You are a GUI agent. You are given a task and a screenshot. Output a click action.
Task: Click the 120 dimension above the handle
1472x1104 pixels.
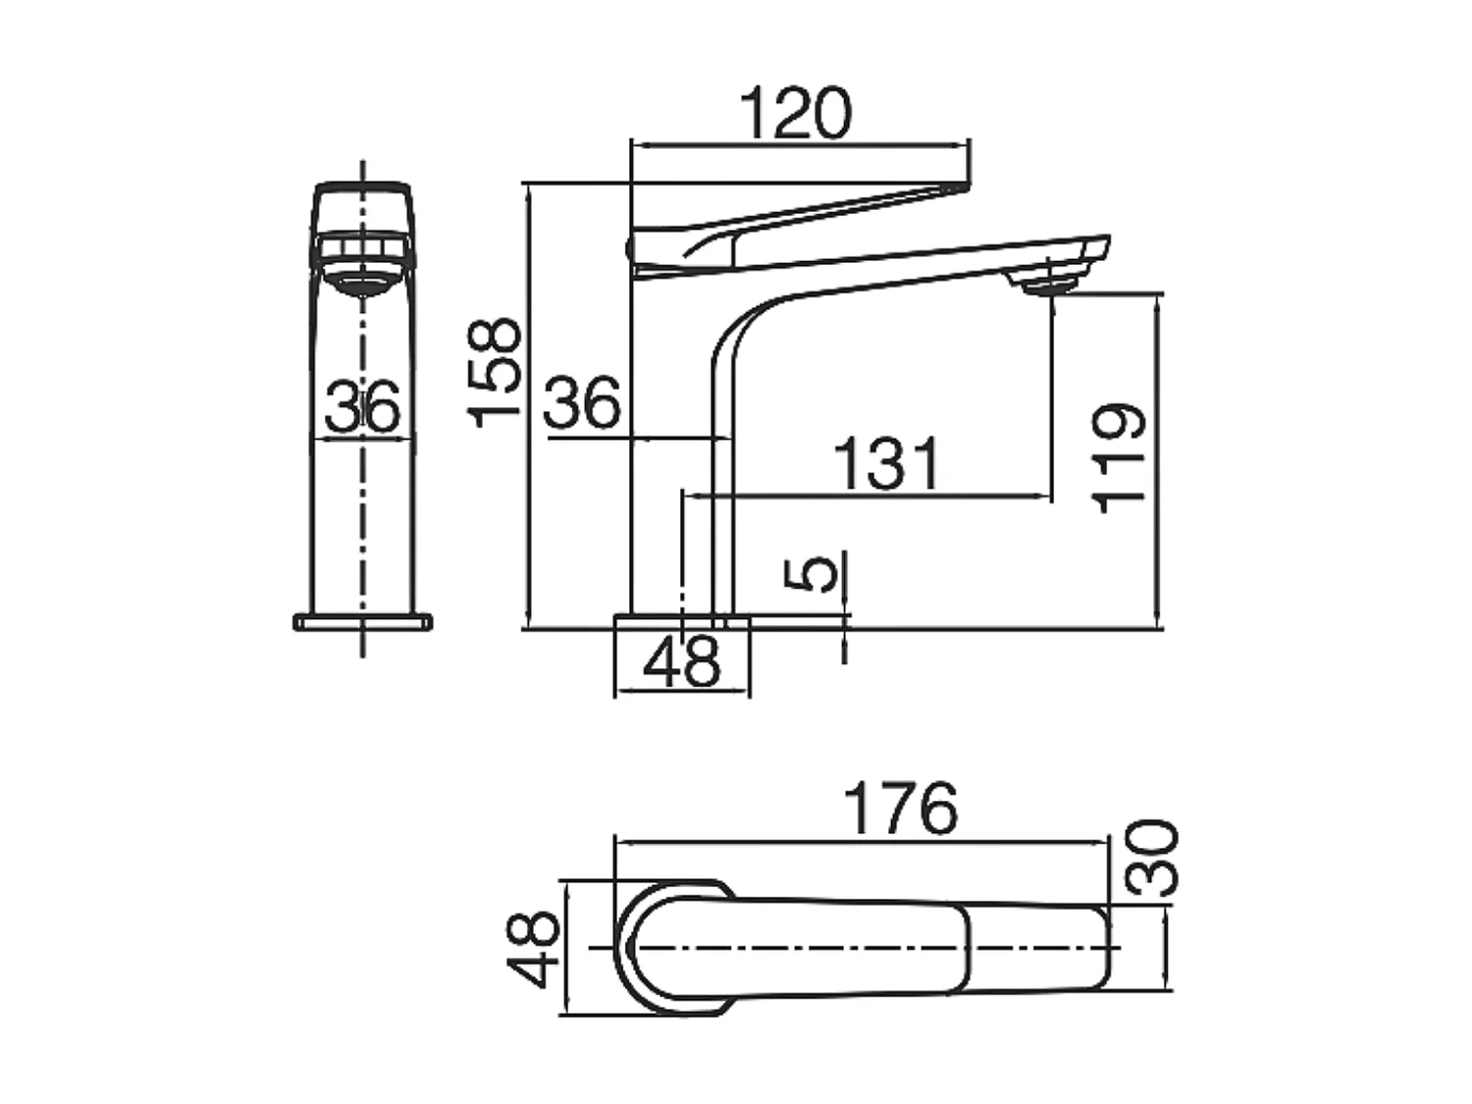(796, 114)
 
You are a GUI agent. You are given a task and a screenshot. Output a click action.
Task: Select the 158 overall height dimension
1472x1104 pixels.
(494, 372)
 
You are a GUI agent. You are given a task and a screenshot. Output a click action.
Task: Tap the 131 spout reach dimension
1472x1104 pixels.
(887, 463)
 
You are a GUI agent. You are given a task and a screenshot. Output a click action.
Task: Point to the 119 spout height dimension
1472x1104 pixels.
(1120, 457)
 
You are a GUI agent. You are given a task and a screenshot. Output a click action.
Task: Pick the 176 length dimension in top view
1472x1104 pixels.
(900, 809)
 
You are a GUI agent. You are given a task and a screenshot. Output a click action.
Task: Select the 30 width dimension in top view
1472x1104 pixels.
(1151, 858)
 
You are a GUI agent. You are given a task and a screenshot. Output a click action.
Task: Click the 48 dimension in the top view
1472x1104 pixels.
(534, 948)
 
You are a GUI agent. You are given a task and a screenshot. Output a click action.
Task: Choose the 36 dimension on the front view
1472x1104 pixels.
(363, 406)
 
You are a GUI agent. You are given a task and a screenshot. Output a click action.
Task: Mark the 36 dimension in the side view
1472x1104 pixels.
(583, 402)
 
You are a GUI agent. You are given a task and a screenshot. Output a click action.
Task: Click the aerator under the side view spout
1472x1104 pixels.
(1047, 286)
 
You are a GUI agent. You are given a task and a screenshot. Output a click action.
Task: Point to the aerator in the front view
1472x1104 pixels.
(363, 283)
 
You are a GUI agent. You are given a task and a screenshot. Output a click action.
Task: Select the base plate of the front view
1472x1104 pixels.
(363, 622)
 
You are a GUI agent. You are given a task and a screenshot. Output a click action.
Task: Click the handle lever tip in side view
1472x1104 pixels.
(952, 186)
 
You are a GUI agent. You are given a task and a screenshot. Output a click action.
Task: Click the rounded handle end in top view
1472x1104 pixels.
(638, 948)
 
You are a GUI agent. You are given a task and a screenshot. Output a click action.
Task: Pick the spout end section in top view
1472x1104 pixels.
(1040, 948)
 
